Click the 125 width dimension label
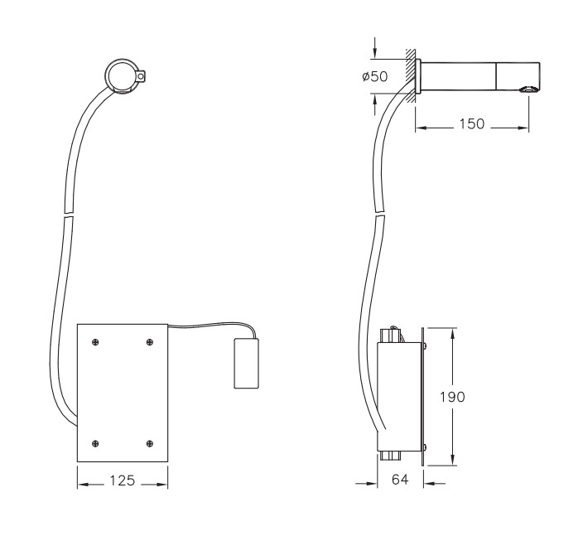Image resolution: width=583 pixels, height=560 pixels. click(122, 480)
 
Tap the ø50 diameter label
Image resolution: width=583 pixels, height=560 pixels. click(375, 77)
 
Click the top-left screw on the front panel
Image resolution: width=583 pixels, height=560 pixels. click(96, 341)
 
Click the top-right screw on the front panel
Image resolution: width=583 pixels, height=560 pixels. click(150, 341)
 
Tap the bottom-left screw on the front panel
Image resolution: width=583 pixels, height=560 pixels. click(96, 443)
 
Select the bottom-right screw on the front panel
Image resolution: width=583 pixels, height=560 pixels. click(150, 443)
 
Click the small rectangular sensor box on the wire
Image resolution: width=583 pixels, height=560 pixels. click(246, 363)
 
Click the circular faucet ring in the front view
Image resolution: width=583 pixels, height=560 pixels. click(121, 78)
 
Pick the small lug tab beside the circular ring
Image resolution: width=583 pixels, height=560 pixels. click(145, 78)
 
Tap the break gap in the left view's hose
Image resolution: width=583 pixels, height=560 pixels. click(67, 216)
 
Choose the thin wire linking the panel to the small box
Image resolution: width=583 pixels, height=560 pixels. click(207, 326)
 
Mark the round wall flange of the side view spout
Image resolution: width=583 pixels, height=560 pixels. click(418, 77)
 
